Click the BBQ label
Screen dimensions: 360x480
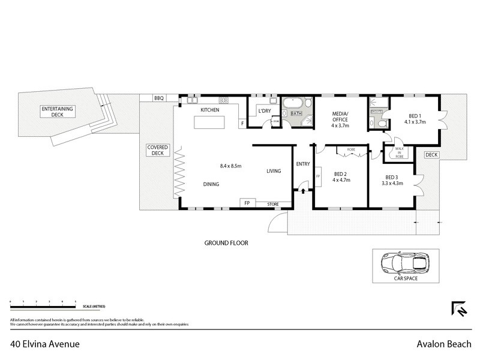(158, 98)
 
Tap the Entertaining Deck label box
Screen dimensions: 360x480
(56, 112)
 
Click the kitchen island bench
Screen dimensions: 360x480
(209, 122)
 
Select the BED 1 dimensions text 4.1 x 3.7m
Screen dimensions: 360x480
(415, 122)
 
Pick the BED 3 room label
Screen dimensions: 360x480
(392, 178)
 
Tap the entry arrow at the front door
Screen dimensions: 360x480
(302, 191)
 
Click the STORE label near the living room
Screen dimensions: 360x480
(273, 205)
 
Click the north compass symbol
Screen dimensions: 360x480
(458, 308)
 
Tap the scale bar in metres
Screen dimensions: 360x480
(42, 301)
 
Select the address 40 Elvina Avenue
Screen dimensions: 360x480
(45, 344)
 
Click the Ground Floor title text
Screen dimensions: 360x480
(226, 243)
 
